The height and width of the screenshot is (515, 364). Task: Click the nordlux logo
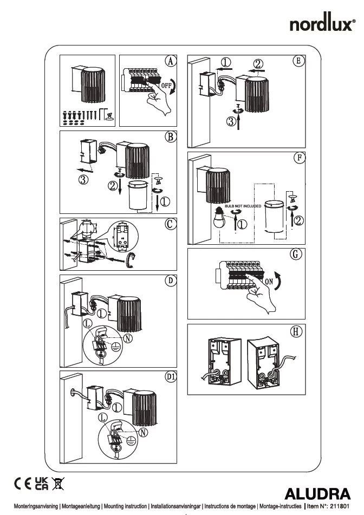322,24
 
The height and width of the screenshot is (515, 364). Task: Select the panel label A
170,62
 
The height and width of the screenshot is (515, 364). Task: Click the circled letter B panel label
170,137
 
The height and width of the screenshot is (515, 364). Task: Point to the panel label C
170,223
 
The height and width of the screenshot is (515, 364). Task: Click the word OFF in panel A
166,86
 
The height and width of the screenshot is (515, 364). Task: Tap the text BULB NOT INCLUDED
243,206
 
